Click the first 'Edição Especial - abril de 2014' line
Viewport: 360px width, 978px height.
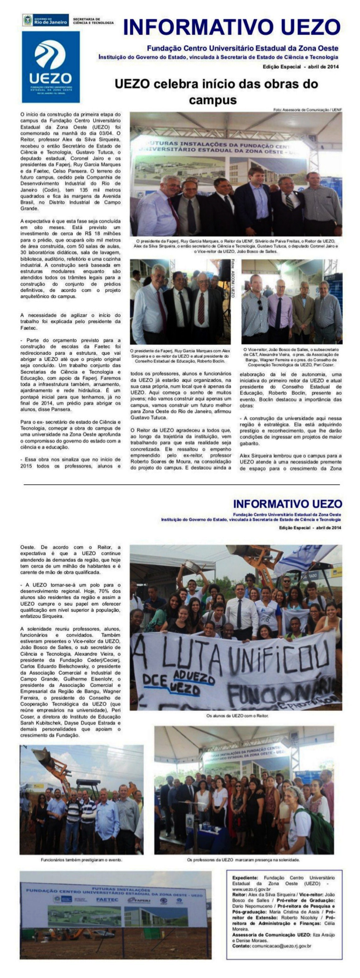(x=301, y=67)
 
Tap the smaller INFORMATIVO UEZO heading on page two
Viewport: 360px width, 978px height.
(x=287, y=504)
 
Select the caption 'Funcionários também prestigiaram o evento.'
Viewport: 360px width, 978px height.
(x=81, y=859)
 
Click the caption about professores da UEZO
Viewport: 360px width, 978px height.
(x=243, y=859)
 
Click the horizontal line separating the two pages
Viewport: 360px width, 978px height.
(x=181, y=485)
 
